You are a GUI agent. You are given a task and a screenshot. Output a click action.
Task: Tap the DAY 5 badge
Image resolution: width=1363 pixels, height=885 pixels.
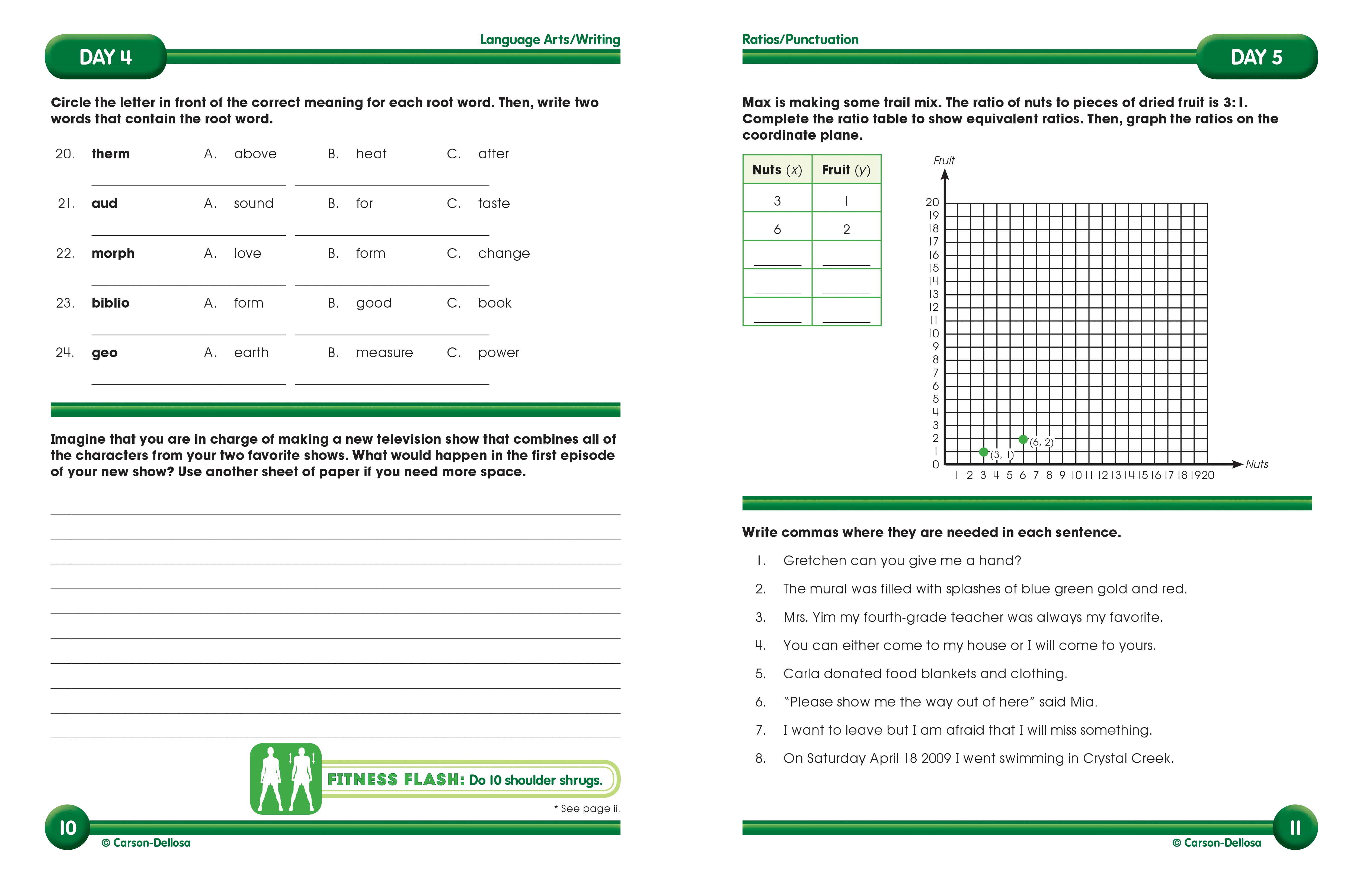click(x=1256, y=57)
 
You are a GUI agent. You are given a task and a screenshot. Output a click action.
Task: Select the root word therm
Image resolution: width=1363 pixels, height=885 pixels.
click(x=111, y=154)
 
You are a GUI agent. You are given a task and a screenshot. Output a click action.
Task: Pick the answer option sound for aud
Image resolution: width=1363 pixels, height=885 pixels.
click(x=253, y=203)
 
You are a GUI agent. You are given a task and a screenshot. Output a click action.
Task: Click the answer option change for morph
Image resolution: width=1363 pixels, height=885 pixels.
click(x=503, y=253)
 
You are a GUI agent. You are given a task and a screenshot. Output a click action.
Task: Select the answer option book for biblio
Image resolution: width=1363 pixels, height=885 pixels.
click(x=494, y=303)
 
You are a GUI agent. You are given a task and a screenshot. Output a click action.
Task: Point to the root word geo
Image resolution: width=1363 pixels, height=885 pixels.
click(x=104, y=353)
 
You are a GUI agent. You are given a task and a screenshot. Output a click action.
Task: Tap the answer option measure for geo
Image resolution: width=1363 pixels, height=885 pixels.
click(x=384, y=353)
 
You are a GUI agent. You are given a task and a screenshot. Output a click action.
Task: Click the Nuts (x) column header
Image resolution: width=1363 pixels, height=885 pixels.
click(x=777, y=170)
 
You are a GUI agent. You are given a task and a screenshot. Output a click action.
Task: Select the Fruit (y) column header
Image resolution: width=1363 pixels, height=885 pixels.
click(x=846, y=170)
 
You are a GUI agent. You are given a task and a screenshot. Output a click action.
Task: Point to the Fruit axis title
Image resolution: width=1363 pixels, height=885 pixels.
click(x=944, y=160)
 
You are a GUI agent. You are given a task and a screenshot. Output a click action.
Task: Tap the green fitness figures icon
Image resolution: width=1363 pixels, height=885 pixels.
click(x=286, y=778)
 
